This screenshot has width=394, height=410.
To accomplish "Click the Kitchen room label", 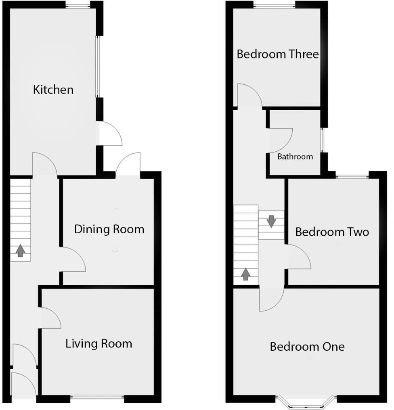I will (53, 89).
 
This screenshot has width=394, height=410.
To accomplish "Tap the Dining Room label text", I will (109, 229).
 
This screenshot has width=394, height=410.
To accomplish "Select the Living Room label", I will (99, 344).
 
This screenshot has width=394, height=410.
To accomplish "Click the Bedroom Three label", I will (278, 54).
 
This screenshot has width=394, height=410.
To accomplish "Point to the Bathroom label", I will (295, 157).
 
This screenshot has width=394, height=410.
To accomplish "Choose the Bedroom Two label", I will (332, 232).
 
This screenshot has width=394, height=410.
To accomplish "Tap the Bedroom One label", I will (307, 346).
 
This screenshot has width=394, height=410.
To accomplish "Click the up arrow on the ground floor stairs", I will (20, 251).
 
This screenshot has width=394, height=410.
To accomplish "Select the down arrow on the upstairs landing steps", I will (271, 221).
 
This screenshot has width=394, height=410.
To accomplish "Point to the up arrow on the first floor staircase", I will (245, 274).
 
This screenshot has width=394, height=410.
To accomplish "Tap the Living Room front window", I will (97, 397).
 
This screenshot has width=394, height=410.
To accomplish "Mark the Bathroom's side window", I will (322, 140).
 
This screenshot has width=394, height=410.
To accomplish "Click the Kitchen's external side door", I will (110, 134).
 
